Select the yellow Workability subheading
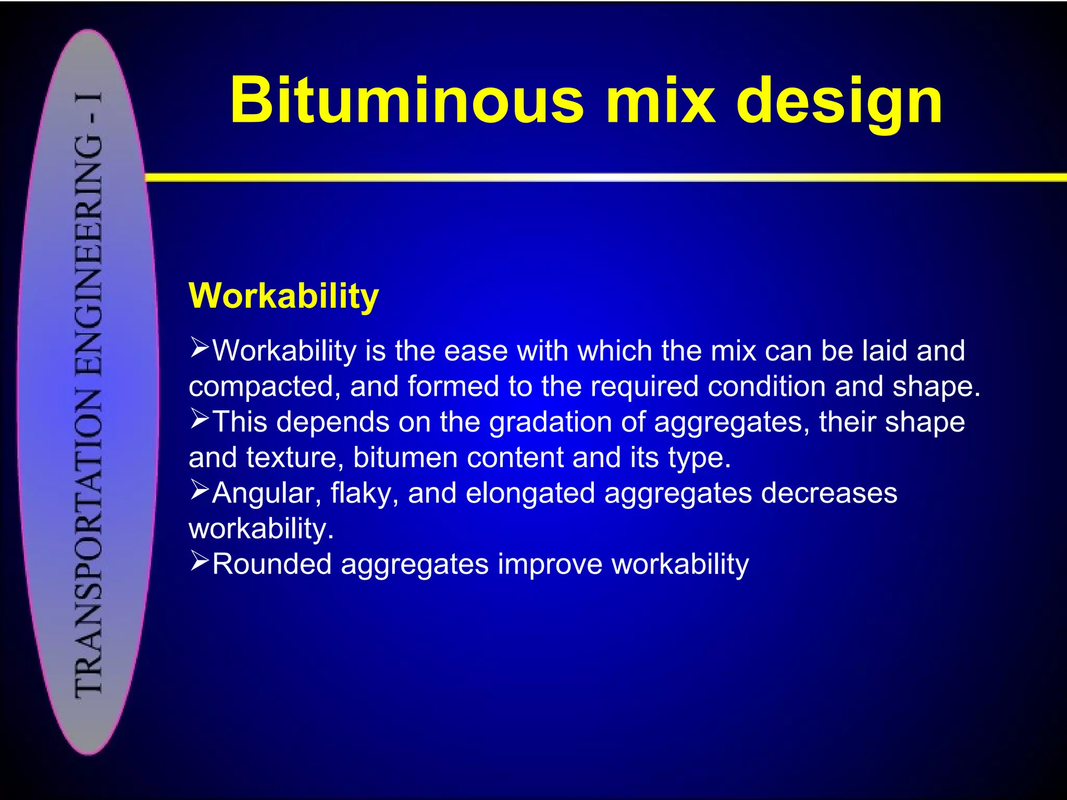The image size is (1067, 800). point(283,296)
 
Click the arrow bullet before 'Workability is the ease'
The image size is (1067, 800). point(199,347)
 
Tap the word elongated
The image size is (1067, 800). point(530,493)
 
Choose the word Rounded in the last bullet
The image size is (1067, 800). point(271,564)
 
